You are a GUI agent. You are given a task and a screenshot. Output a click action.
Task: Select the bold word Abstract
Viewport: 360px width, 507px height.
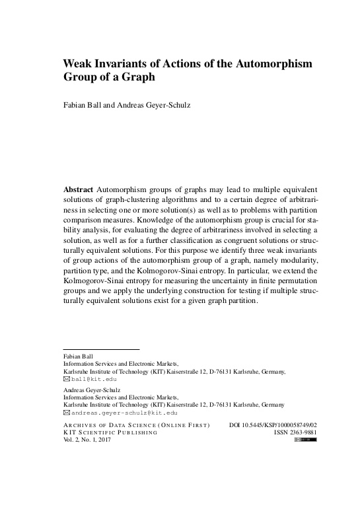(x=77, y=189)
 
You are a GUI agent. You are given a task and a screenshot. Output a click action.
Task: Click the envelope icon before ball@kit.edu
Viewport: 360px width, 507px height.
(x=66, y=380)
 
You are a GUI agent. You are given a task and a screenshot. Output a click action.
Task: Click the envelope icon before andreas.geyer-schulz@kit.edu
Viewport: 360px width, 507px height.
(x=66, y=413)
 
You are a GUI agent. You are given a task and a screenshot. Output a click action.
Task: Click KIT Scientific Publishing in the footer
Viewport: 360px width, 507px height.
(x=110, y=432)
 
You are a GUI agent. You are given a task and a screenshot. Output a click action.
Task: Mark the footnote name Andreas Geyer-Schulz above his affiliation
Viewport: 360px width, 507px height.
(x=90, y=390)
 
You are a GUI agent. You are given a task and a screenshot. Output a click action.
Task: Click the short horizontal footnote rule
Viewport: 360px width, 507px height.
(x=101, y=349)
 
